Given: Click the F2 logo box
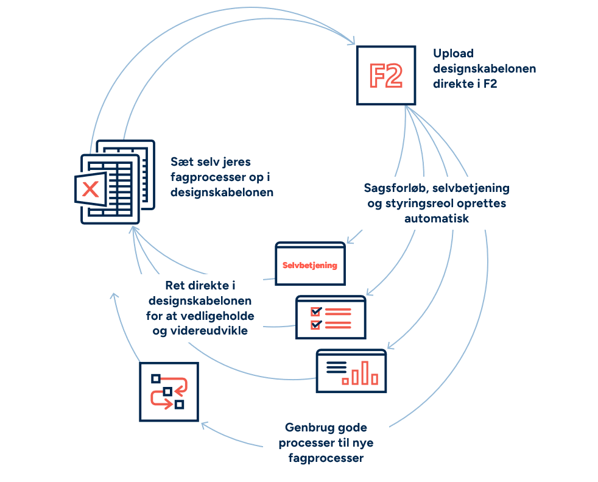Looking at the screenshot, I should pos(386,76).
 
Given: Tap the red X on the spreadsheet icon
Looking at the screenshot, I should pos(90,189).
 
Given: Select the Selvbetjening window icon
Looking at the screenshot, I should pos(310,263).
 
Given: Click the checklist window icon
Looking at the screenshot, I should pos(331,317).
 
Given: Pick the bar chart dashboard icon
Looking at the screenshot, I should pos(351,370).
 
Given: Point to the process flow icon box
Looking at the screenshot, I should pos(169,392).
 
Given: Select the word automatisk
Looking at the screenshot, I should pos(436,218).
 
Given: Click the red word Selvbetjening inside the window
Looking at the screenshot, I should pos(310,266).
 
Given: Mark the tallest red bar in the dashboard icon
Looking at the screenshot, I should pos(365,372).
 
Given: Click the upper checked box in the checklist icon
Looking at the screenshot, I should pos(315,311).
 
